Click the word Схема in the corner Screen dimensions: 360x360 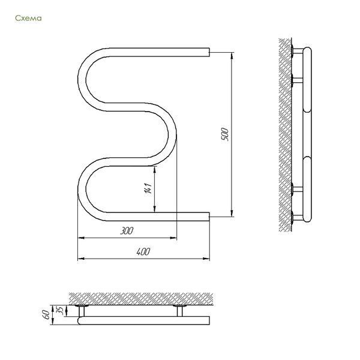point(28,18)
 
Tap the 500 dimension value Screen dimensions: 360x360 point(225,134)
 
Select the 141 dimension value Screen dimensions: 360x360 point(148,188)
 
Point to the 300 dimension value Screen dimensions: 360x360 point(127,230)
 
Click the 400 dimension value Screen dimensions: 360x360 point(143,251)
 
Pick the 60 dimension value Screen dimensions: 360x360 point(46,314)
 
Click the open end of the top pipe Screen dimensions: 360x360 point(209,52)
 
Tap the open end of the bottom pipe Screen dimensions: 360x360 point(209,217)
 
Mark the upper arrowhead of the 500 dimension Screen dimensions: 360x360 point(232,55)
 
